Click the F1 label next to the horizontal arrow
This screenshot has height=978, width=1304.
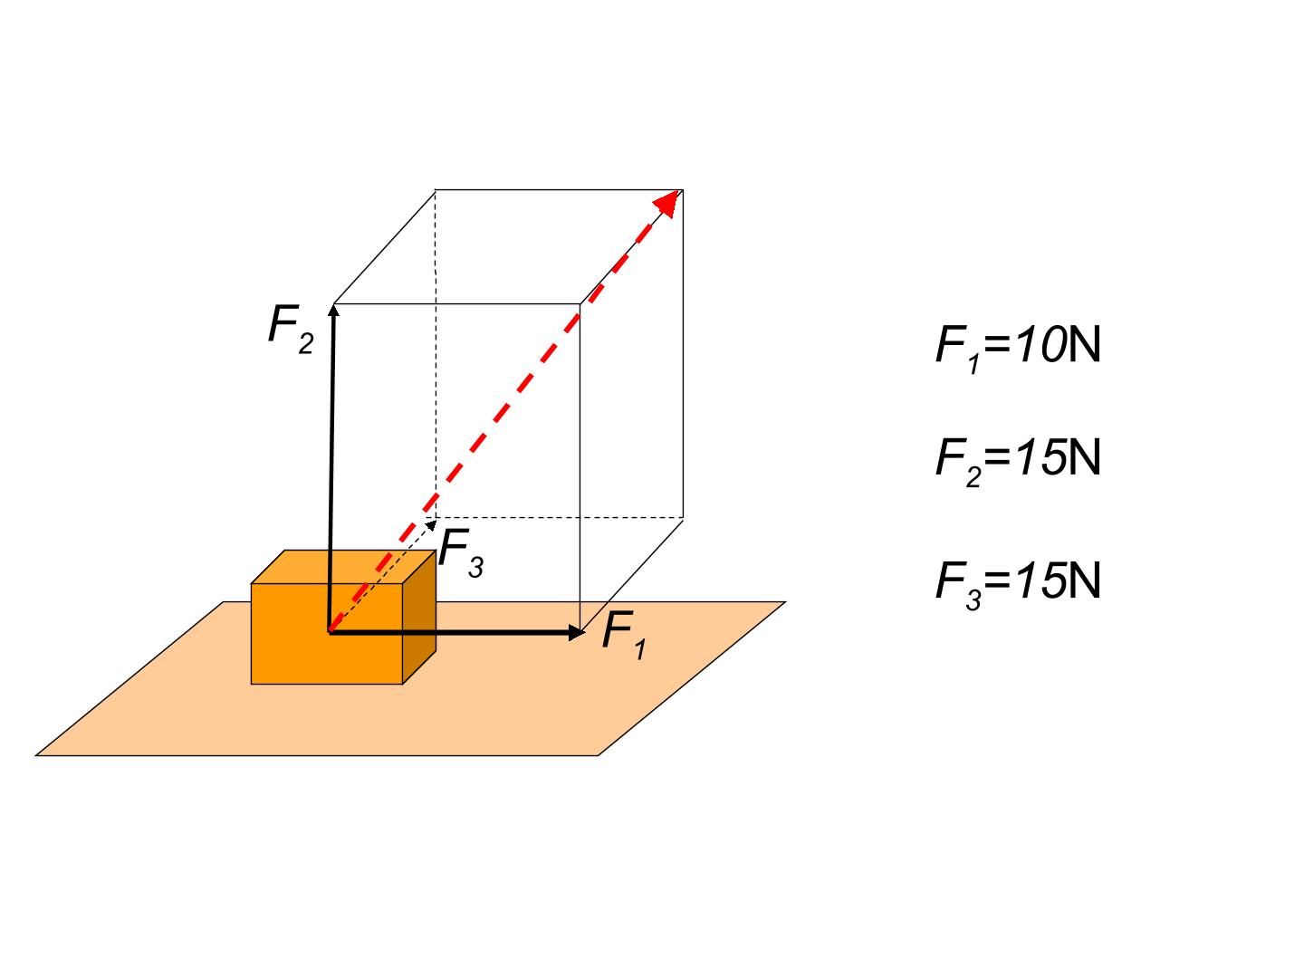[623, 635]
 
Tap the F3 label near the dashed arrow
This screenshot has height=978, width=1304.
[461, 552]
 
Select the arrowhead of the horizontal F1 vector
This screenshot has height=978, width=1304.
[576, 632]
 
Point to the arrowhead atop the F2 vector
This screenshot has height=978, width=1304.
[333, 310]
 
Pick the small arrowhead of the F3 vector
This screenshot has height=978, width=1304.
[431, 524]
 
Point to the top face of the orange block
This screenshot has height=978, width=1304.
[343, 567]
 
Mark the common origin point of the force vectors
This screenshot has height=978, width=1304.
[330, 632]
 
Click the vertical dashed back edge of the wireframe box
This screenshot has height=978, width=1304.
[436, 354]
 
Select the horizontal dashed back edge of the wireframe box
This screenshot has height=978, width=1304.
[559, 517]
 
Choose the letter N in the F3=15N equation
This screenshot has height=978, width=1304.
[1084, 580]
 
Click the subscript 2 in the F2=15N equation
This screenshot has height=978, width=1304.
[973, 477]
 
